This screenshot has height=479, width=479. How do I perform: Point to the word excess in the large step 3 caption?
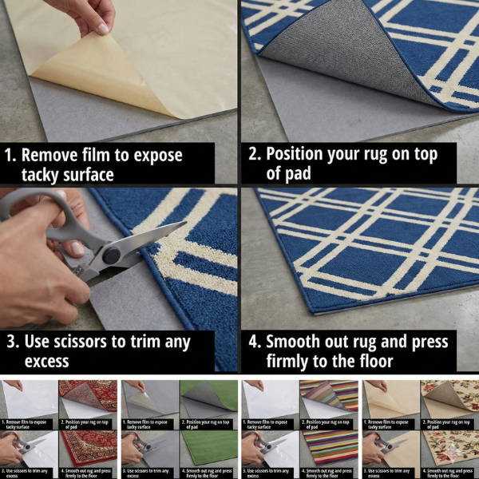pos(47,362)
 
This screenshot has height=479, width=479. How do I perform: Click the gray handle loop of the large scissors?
pos(32,209)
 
